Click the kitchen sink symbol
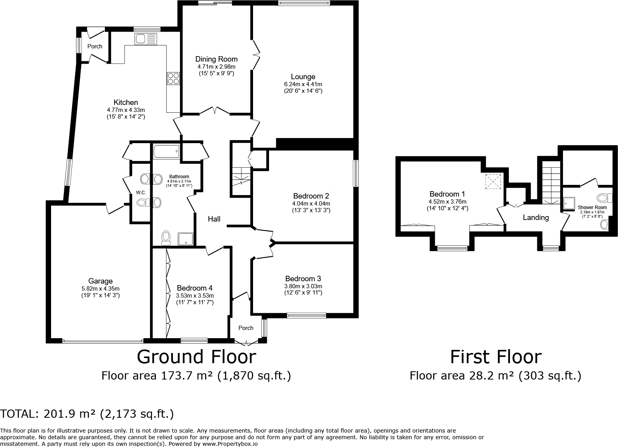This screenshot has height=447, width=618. pos(146,39)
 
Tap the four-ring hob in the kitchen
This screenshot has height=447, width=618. pos(174,78)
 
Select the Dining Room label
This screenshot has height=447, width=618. pos(216,59)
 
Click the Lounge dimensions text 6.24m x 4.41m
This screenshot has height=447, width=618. pos(303,84)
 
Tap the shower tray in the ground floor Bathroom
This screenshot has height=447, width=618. pos(186,239)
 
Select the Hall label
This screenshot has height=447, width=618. pos(214,219)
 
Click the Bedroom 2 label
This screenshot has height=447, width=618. pos(311,196)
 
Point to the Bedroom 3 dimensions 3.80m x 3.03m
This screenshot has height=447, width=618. pos(303,286)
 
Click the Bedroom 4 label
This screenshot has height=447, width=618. pos(195,288)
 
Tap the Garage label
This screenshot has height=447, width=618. pos(101,281)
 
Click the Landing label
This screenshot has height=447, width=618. pos(535,218)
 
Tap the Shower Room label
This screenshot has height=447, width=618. pos(592,208)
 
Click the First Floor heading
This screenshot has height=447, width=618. pos(496,357)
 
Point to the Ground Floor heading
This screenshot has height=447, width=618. pos(197,357)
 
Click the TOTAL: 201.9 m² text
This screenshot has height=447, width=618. pos(87,414)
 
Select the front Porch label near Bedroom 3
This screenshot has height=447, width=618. pos(246,328)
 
